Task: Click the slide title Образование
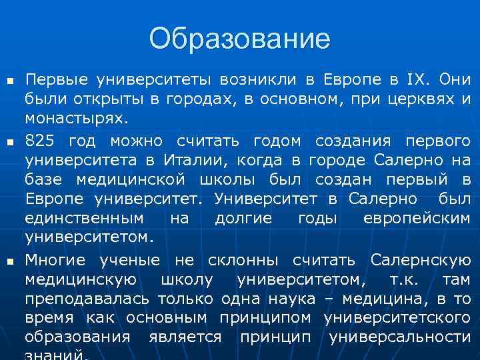coord(239,39)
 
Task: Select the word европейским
coord(417,218)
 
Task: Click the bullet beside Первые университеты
coord(10,82)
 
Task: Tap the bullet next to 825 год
coord(10,142)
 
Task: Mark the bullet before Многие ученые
coord(10,261)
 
